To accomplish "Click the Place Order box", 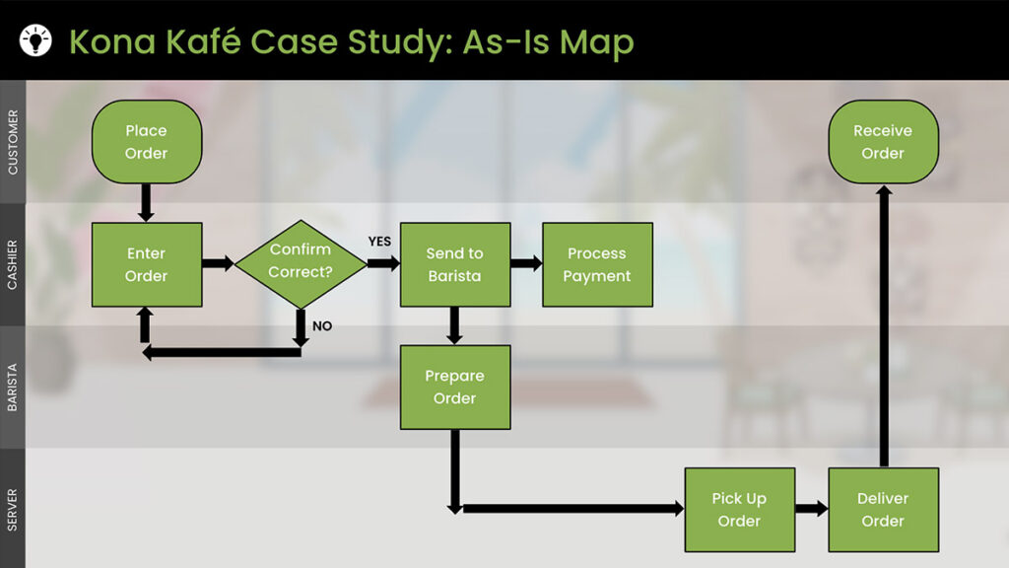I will click(146, 141).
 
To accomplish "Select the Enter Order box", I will click(146, 264).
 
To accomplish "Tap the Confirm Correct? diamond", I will click(301, 263).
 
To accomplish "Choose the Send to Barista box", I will click(454, 264).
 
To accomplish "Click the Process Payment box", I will click(597, 264).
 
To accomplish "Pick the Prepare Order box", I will click(454, 387).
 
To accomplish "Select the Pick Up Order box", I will click(739, 509).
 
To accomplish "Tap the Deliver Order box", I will click(883, 509).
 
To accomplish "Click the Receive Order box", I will click(883, 141).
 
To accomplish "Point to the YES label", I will click(379, 241).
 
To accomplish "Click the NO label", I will click(322, 325).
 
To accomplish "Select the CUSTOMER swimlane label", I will click(13, 142).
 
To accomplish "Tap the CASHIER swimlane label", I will click(13, 264).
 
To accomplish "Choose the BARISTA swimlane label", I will click(13, 387).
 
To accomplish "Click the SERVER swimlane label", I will click(13, 509).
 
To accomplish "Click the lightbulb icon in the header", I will click(35, 40).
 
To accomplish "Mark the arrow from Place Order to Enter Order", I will click(146, 202).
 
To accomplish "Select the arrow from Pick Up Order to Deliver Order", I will click(811, 509).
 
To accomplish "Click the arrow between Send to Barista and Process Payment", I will click(526, 264).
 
